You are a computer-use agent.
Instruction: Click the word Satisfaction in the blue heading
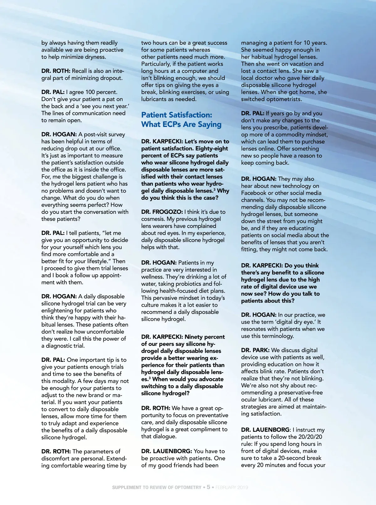click(193, 115)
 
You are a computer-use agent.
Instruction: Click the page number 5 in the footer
click(208, 487)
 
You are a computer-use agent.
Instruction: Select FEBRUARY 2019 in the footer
click(232, 487)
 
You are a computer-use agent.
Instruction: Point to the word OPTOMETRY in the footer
click(188, 487)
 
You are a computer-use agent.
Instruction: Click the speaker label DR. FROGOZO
click(162, 212)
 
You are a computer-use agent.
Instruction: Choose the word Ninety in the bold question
click(194, 337)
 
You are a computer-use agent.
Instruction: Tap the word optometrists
click(284, 99)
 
